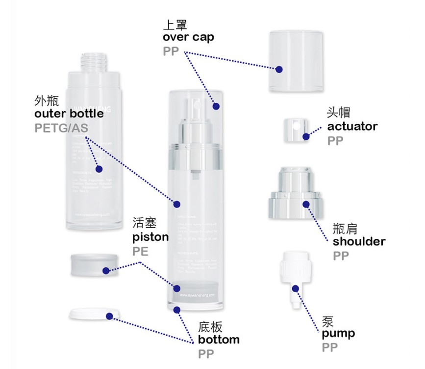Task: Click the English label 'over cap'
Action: pyautogui.click(x=188, y=38)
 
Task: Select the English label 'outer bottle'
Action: pyautogui.click(x=69, y=114)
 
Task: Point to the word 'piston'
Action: pyautogui.click(x=150, y=237)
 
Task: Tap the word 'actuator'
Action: pyautogui.click(x=352, y=126)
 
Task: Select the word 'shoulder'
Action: pyautogui.click(x=359, y=241)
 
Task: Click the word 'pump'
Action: pyautogui.click(x=338, y=334)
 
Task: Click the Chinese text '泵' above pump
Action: pyautogui.click(x=328, y=321)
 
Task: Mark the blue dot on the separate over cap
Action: pyautogui.click(x=279, y=70)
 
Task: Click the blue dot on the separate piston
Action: pyautogui.click(x=106, y=271)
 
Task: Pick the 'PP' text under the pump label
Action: pyautogui.click(x=330, y=348)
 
